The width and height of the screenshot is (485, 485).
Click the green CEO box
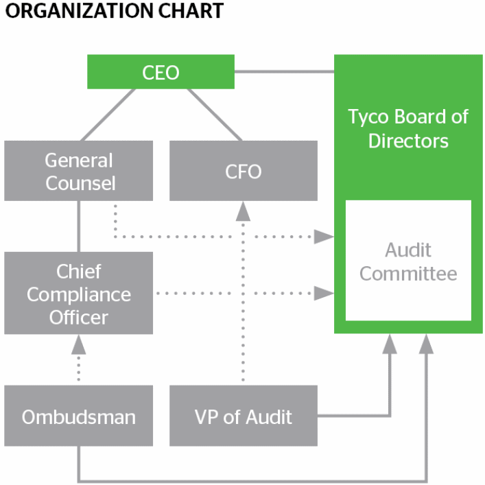click(x=161, y=72)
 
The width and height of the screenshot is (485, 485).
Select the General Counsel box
click(x=79, y=171)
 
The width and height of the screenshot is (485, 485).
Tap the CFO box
click(x=243, y=171)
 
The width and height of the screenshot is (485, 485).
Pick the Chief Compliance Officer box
click(x=79, y=294)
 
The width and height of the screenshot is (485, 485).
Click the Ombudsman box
click(x=79, y=416)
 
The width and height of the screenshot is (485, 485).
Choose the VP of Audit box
click(x=243, y=416)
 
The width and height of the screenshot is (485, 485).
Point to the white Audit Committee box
click(x=408, y=261)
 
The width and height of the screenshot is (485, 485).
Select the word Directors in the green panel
click(x=408, y=141)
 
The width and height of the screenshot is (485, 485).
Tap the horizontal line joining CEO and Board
click(x=284, y=71)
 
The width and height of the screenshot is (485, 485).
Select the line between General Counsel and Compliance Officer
click(x=79, y=226)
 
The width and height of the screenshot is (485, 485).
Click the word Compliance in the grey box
click(x=79, y=294)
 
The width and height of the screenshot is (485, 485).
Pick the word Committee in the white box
click(x=408, y=274)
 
